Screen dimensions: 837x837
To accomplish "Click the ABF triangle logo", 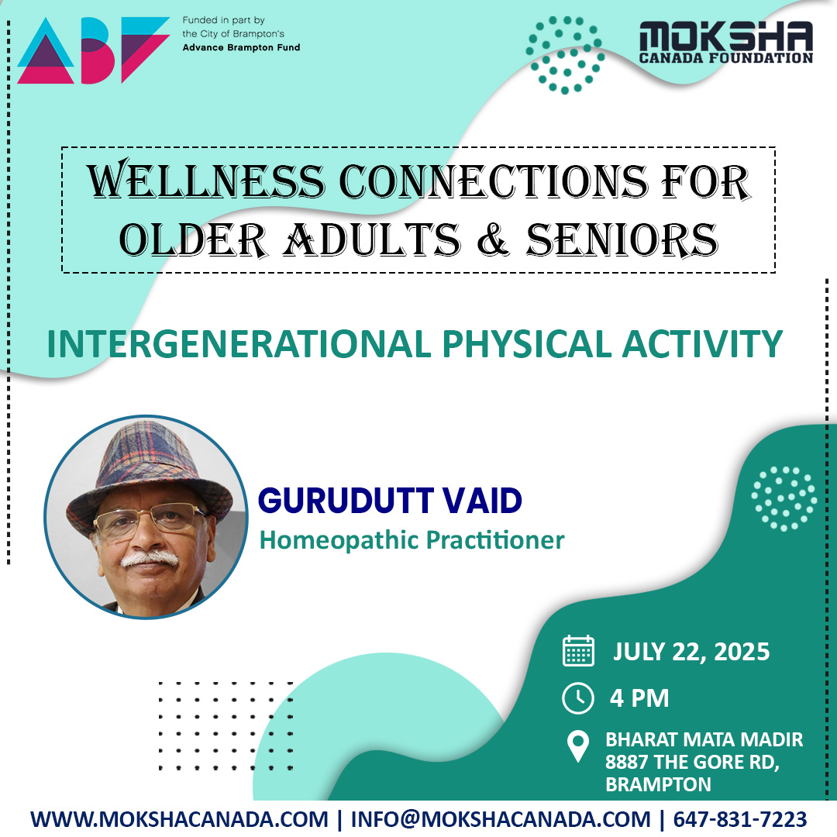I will pos(93,50).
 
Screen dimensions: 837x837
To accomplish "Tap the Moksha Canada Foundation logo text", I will pos(725,43).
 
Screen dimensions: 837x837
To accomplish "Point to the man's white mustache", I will pos(150,558).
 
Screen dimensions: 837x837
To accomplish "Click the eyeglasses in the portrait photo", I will pos(149,520).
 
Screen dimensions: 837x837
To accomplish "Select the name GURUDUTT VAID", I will pos(390,501).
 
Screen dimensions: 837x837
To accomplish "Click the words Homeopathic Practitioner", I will pos(412,539).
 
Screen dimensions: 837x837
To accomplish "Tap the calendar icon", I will pos(578,651).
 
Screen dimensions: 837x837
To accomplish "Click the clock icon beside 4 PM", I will pos(578,698).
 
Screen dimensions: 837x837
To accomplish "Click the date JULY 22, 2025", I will pos(691,651).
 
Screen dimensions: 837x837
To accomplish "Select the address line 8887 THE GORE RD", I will pos(692,762).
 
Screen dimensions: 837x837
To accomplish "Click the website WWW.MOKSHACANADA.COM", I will pos(179,819).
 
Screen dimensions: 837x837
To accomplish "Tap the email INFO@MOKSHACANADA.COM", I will pos(501,819).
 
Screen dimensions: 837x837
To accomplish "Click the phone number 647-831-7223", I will pos(740,819).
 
